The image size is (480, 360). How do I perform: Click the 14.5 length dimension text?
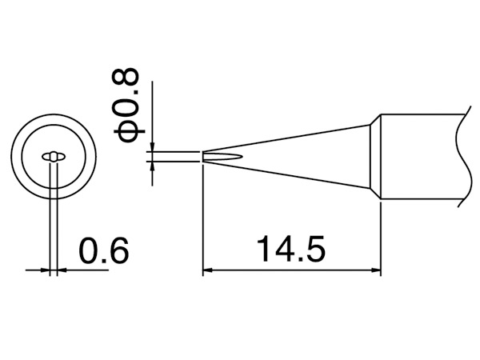[291, 248]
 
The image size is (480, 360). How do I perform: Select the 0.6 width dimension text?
[104, 250]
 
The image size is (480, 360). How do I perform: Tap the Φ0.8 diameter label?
[126, 105]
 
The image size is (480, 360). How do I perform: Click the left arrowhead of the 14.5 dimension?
[207, 270]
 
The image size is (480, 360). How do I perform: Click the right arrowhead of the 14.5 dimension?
[376, 270]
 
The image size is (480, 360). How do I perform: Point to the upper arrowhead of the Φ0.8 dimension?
[153, 146]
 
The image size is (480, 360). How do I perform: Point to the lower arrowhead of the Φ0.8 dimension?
[153, 166]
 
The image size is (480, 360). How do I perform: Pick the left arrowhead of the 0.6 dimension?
[45, 270]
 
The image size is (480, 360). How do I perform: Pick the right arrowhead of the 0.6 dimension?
[62, 270]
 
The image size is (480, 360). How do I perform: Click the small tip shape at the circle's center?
[54, 157]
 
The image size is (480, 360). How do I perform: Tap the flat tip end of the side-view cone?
[203, 157]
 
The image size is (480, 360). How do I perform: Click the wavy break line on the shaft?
[462, 156]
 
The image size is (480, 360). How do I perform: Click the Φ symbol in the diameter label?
[126, 132]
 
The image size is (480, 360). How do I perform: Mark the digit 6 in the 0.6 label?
[118, 250]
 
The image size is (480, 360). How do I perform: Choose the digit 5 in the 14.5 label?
[315, 249]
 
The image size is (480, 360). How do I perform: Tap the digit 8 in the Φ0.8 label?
[126, 78]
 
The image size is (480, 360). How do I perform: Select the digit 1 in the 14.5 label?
[264, 248]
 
